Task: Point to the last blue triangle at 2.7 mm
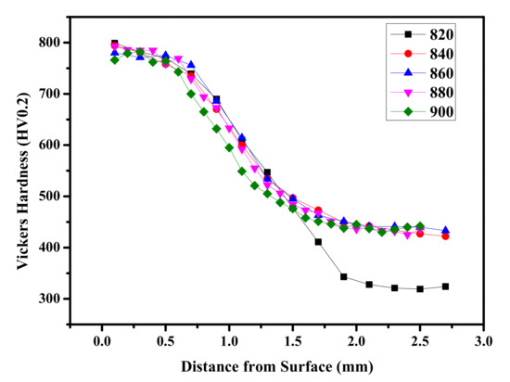click(445, 230)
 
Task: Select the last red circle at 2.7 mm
click(445, 236)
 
